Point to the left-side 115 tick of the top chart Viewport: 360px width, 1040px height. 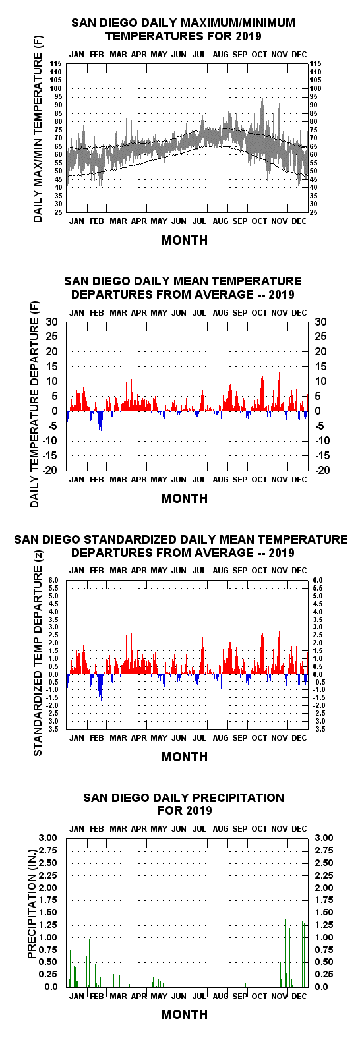[x=56, y=64]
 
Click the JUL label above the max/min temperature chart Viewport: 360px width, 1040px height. [x=199, y=55]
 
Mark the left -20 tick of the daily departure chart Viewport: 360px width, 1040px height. [x=51, y=471]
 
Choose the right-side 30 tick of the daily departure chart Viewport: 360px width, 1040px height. [x=320, y=322]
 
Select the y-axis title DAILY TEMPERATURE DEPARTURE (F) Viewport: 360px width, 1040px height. [x=35, y=405]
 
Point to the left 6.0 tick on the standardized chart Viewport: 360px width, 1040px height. [x=53, y=581]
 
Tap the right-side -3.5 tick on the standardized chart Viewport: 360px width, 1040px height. [x=318, y=729]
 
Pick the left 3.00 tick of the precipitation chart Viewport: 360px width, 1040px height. [x=48, y=838]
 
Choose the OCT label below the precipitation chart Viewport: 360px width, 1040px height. [x=259, y=997]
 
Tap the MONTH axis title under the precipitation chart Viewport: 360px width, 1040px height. [x=185, y=1014]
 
